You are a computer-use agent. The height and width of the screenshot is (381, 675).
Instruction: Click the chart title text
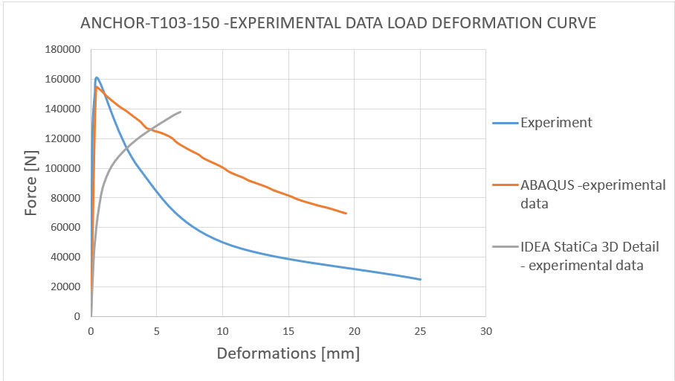[x=337, y=23]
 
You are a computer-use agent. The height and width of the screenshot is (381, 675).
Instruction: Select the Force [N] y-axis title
[x=31, y=182]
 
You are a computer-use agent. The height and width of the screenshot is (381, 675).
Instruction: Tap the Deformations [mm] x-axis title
[x=288, y=353]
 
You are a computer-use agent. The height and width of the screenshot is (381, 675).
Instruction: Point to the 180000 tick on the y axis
[x=63, y=50]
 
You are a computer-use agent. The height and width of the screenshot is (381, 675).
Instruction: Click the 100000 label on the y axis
[x=63, y=168]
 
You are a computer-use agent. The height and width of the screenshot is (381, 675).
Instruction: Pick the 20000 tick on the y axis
[x=66, y=286]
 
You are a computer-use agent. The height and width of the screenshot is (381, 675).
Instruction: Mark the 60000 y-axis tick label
[x=66, y=228]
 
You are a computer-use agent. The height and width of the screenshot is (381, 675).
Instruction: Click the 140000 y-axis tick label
[x=63, y=109]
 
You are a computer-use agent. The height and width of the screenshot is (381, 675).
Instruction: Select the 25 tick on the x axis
[x=420, y=330]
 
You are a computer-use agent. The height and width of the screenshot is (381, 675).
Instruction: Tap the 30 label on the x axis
[x=486, y=330]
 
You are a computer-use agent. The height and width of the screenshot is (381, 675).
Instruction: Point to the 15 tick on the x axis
[x=288, y=330]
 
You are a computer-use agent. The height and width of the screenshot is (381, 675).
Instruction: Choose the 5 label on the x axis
[x=157, y=330]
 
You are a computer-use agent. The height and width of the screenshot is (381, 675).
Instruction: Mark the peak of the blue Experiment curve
[x=97, y=77]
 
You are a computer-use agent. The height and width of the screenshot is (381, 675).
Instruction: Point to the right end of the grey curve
[x=181, y=112]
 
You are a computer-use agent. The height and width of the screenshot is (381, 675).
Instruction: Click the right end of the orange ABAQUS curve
[x=346, y=214]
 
